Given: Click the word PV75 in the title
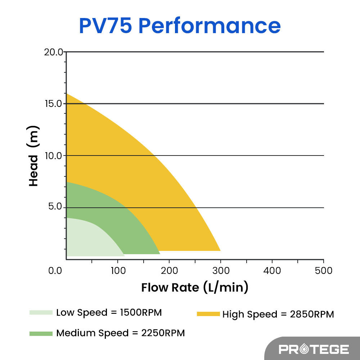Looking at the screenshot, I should pos(105,26).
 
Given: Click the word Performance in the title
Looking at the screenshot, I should pos(209,26).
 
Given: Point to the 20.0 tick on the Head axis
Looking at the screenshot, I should pos(54,52).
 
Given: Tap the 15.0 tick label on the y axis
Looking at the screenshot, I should pos(54,104).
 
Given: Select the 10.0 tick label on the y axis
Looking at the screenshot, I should pos(54,156).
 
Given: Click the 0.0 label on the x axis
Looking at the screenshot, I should pos(56,270).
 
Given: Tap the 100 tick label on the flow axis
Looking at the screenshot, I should pos(118,270).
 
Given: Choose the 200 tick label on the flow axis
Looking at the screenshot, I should pos(169,270).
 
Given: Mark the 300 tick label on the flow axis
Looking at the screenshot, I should pos(221,270).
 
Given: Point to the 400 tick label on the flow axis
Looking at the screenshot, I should pos(272,270).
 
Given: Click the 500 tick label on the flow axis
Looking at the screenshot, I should pos(323,270).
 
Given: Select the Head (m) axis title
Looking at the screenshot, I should pos(33,156).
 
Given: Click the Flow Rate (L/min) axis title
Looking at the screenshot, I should pos(195,288).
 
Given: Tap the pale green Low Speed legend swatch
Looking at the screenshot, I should pos(41,312).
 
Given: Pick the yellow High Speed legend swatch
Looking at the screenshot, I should pos(208,314).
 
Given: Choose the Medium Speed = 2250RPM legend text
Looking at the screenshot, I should pos(120,333).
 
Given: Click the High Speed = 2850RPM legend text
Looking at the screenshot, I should pos(278,314).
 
